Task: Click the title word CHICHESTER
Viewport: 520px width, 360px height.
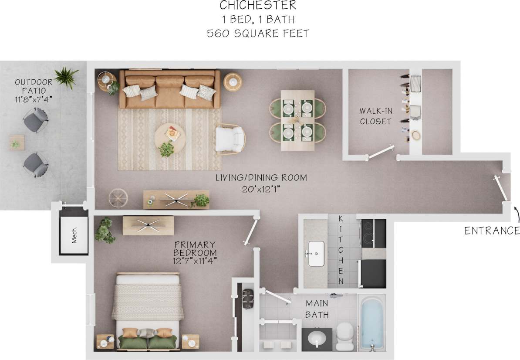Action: pyautogui.click(x=258, y=6)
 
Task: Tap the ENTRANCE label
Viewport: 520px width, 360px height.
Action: pyautogui.click(x=492, y=231)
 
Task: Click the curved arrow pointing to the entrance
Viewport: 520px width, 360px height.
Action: pyautogui.click(x=516, y=215)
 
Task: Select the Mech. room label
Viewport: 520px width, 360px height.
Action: pyautogui.click(x=74, y=235)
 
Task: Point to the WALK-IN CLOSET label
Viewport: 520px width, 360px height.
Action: pyautogui.click(x=375, y=116)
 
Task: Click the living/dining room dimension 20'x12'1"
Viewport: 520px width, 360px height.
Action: pyautogui.click(x=261, y=190)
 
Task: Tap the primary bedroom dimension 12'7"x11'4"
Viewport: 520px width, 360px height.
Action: pyautogui.click(x=195, y=261)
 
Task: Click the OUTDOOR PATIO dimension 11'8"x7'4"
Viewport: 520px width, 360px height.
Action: pyautogui.click(x=34, y=99)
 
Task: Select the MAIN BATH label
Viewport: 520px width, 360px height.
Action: pyautogui.click(x=317, y=309)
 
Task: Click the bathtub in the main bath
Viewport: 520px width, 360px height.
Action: pyautogui.click(x=371, y=322)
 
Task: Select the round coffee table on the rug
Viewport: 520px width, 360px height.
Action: pyautogui.click(x=170, y=136)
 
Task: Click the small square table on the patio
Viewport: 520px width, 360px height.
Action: pyautogui.click(x=17, y=142)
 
